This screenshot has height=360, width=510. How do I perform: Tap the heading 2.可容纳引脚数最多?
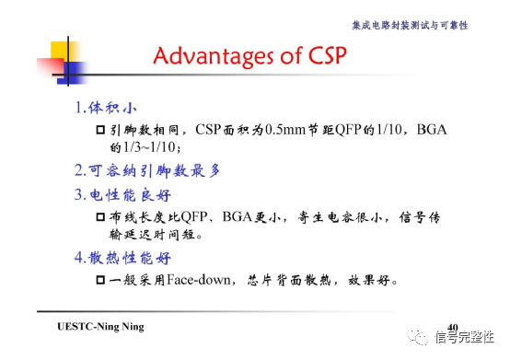[x=146, y=170]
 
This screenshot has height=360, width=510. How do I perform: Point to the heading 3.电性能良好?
[x=122, y=195]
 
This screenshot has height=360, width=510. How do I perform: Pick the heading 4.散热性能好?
[x=122, y=257]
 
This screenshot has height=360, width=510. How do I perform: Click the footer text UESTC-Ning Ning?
[x=100, y=327]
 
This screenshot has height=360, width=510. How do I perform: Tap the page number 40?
[x=452, y=327]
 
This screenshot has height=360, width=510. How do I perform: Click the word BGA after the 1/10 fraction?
[x=431, y=131]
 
